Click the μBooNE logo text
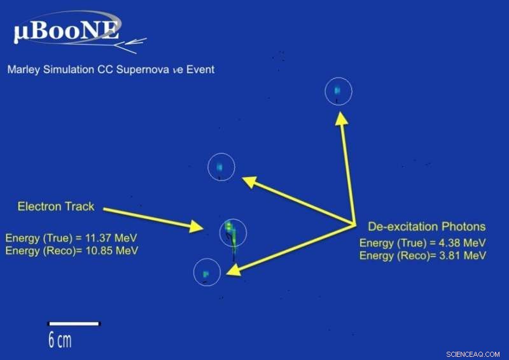(66, 32)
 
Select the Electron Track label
(56, 206)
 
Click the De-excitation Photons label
(426, 226)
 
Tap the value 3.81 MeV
(459, 256)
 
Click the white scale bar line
(74, 324)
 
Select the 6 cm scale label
(60, 340)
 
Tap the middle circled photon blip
(221, 167)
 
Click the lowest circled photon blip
(206, 273)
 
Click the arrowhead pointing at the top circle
(342, 117)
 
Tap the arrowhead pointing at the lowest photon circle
(233, 270)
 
